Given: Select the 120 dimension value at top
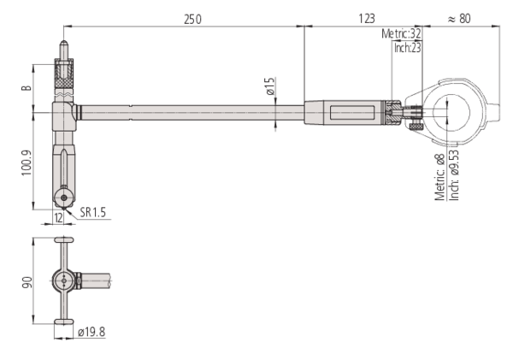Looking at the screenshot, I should pyautogui.click(x=366, y=18).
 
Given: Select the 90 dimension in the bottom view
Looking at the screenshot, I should pyautogui.click(x=27, y=280).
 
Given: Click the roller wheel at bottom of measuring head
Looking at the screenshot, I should pyautogui.click(x=62, y=197).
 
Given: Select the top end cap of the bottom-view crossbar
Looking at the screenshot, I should pyautogui.click(x=63, y=241).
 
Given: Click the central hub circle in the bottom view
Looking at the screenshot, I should pyautogui.click(x=63, y=280).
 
